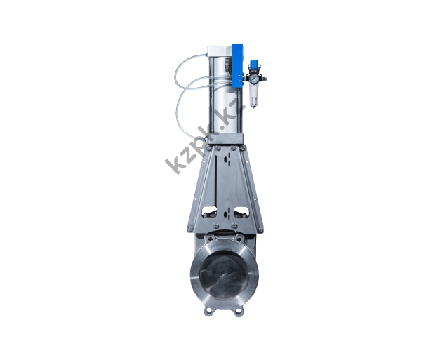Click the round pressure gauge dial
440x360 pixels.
click(x=254, y=78)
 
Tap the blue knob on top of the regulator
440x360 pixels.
click(x=254, y=63)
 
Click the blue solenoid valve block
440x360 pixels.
click(x=238, y=65)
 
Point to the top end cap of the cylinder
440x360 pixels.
click(x=220, y=51)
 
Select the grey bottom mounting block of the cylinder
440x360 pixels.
click(x=225, y=138)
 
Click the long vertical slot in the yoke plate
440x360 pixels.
click(x=215, y=182)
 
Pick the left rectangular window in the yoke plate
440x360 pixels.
click(x=209, y=211)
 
